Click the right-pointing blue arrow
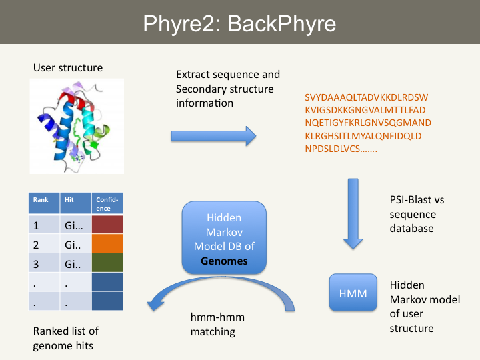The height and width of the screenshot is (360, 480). (213, 137)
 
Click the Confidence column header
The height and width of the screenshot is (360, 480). (107, 203)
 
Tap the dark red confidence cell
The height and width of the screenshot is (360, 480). (107, 225)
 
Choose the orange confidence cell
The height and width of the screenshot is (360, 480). (107, 245)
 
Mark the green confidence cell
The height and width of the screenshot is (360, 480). (107, 263)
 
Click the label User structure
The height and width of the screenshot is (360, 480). (67, 68)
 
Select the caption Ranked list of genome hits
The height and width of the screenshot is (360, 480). (66, 339)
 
